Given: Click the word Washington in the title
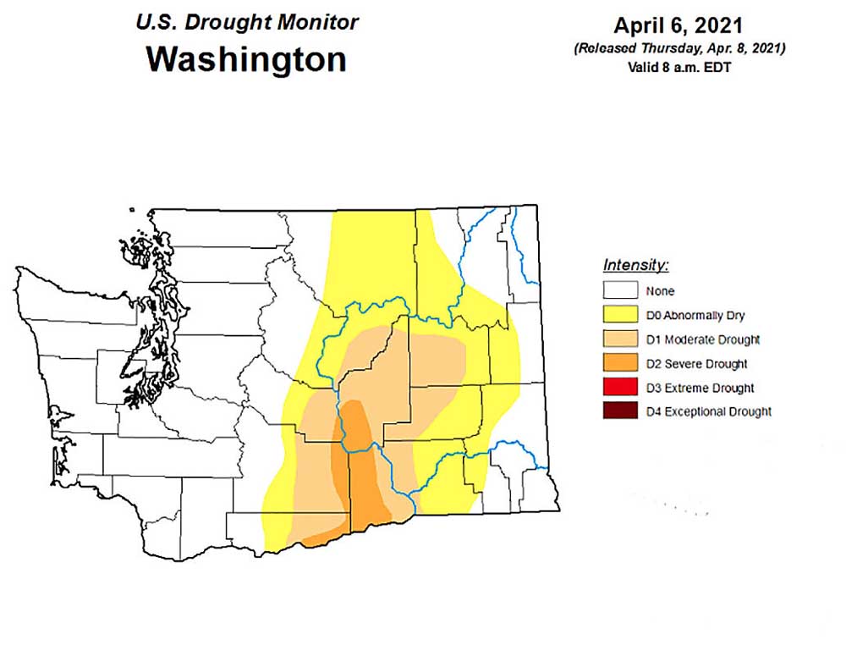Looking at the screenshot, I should click(246, 60).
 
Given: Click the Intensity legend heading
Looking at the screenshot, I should click(635, 265).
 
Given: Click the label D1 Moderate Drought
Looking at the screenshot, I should click(702, 339).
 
